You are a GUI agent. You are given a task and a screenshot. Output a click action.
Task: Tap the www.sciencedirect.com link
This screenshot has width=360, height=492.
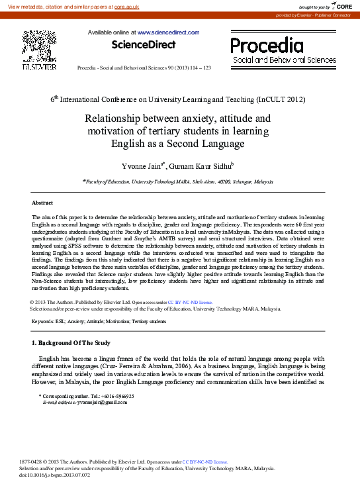pos(168,32)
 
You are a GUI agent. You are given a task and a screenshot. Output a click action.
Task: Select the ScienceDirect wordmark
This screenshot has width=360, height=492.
pos(144,45)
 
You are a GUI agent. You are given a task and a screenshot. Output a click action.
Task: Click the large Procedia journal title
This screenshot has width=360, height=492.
pos(267,45)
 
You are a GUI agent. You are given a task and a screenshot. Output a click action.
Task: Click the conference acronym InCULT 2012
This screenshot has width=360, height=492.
pos(281,99)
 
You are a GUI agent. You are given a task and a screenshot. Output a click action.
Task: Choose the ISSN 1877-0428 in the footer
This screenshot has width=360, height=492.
pos(30,462)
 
